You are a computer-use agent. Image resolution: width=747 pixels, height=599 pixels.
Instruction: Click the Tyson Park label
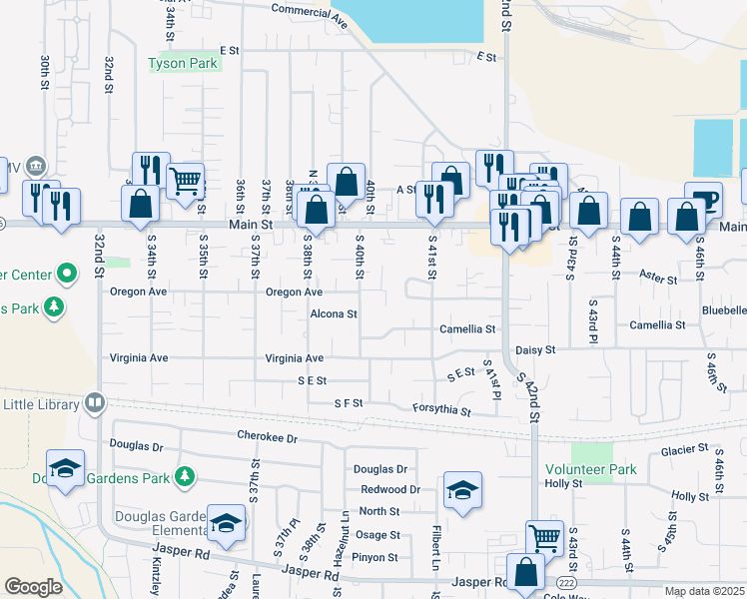pyautogui.click(x=183, y=63)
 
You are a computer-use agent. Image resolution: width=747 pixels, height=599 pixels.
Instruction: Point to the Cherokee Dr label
pyautogui.click(x=268, y=436)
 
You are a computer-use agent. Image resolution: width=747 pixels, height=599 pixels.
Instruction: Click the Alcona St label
pyautogui.click(x=334, y=313)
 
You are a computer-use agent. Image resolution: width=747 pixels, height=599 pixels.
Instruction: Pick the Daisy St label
pyautogui.click(x=534, y=350)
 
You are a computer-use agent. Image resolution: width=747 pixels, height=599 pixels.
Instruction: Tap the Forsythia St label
pyautogui.click(x=441, y=409)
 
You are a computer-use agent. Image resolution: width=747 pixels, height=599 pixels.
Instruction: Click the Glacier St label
pyautogui.click(x=684, y=451)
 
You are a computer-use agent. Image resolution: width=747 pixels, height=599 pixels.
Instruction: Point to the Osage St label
pyautogui.click(x=377, y=536)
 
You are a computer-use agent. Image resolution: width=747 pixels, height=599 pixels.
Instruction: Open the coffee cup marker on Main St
pyautogui.click(x=703, y=199)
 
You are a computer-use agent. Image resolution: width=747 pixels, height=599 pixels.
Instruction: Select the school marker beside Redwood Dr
pyautogui.click(x=462, y=489)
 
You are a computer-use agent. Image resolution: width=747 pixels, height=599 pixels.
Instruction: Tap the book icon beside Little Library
pyautogui.click(x=95, y=403)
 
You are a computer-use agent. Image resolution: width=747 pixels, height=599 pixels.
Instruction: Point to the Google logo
pyautogui.click(x=33, y=586)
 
